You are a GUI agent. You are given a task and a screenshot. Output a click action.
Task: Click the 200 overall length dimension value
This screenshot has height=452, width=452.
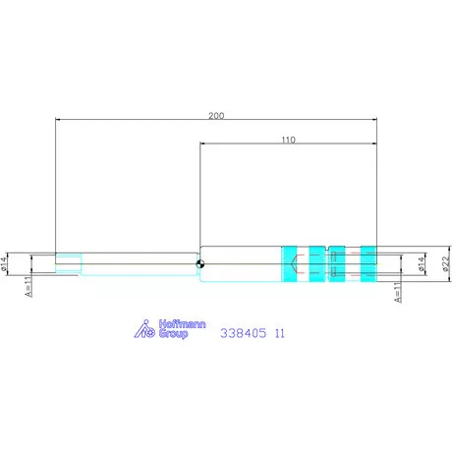click(216, 115)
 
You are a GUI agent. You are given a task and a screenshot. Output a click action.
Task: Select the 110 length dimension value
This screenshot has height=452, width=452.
click(288, 140)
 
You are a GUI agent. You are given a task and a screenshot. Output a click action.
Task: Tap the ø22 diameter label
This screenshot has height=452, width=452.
click(446, 263)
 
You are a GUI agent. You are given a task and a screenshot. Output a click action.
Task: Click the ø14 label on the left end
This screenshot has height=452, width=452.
click(4, 263)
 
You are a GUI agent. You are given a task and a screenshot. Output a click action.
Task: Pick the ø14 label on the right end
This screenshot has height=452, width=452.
click(421, 264)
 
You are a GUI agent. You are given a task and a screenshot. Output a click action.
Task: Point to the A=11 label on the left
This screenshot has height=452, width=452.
click(28, 286)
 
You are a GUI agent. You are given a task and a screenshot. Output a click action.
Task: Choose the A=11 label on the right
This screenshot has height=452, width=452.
click(397, 292)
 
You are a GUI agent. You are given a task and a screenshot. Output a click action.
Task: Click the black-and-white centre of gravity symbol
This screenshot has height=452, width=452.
click(199, 264)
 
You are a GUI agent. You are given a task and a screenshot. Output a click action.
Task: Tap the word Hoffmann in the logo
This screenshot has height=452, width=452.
click(182, 324)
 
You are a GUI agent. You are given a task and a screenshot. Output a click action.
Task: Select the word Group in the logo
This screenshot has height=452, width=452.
click(173, 334)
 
